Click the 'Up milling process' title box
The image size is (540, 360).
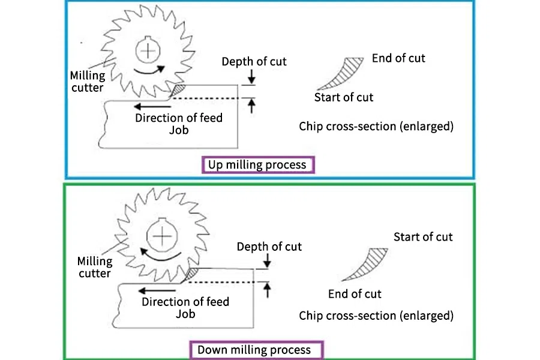(x=257, y=164)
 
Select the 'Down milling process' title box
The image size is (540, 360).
(x=254, y=350)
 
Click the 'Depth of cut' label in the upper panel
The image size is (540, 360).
(x=254, y=62)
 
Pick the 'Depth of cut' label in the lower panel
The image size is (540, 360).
(x=269, y=247)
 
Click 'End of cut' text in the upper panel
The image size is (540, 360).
(x=398, y=58)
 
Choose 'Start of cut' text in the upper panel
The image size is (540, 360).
(x=344, y=97)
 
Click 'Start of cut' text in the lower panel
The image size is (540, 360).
(x=423, y=237)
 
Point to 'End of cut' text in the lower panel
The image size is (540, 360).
(x=355, y=294)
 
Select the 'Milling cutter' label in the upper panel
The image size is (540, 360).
(x=88, y=82)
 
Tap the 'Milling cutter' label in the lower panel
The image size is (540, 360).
(x=95, y=267)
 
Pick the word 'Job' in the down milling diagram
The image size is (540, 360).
(x=185, y=314)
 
